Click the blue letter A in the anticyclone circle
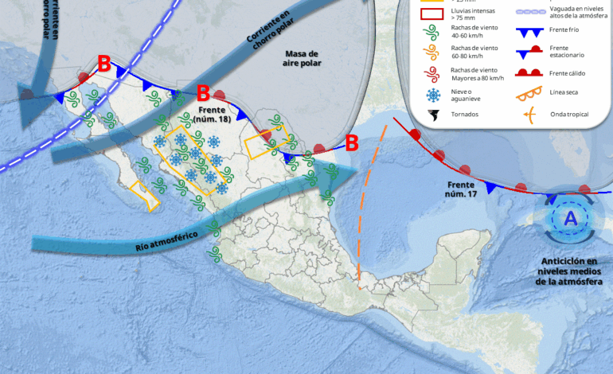pyautogui.click(x=570, y=218)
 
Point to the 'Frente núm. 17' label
pyautogui.click(x=462, y=189)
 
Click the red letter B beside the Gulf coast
pyautogui.click(x=351, y=144)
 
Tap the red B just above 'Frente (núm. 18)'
pyautogui.click(x=202, y=93)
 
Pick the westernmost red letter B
pyautogui.click(x=103, y=64)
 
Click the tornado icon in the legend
pyautogui.click(x=434, y=115)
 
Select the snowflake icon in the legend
pyautogui.click(x=434, y=95)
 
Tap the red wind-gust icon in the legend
pyautogui.click(x=434, y=75)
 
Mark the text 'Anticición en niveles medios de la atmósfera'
pyautogui.click(x=571, y=271)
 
